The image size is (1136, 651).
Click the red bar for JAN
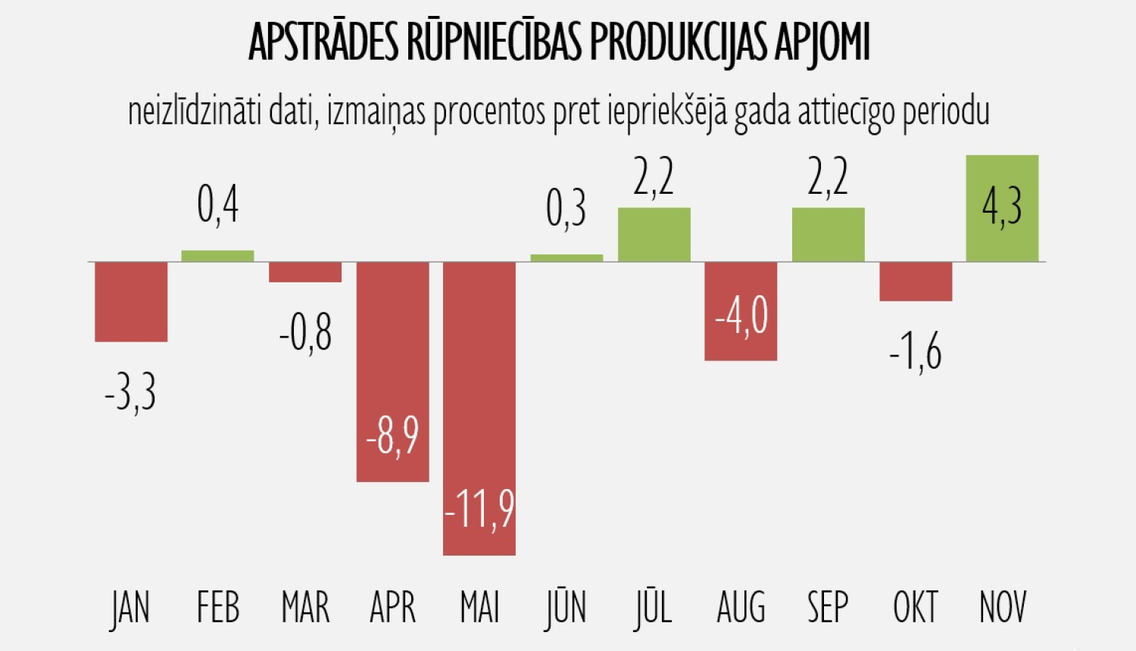(x=131, y=301)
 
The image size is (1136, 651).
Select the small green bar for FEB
(x=217, y=256)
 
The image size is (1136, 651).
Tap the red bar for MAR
(x=305, y=272)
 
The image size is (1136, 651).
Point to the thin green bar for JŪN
(x=566, y=258)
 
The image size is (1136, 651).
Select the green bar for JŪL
(x=654, y=235)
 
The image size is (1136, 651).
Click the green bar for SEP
(x=828, y=235)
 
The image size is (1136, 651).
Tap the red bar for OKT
(x=916, y=282)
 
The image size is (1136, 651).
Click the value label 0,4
(x=217, y=204)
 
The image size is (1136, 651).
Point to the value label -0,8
(x=305, y=333)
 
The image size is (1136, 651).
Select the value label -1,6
(x=915, y=353)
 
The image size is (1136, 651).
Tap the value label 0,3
(x=566, y=209)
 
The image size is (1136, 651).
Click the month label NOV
(x=1003, y=607)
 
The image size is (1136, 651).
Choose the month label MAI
(x=479, y=607)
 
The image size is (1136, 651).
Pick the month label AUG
(x=741, y=607)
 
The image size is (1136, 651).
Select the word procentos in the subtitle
(x=489, y=112)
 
